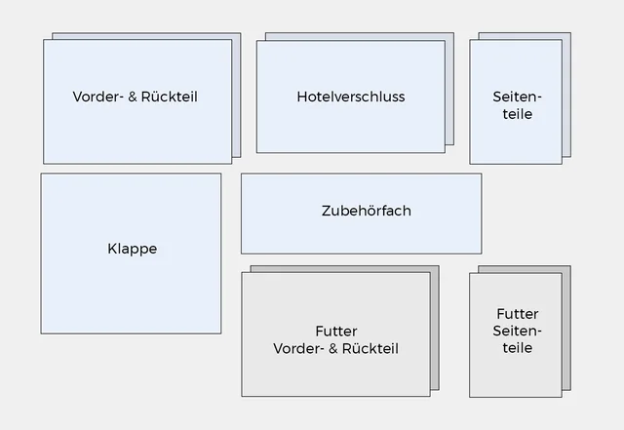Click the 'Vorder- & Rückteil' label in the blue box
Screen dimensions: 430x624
click(x=135, y=97)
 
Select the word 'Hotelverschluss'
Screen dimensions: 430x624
click(x=350, y=97)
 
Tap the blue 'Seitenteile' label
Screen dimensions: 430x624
click(x=517, y=105)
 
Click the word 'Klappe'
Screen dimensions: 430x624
click(x=132, y=249)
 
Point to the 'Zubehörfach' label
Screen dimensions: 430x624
click(x=366, y=211)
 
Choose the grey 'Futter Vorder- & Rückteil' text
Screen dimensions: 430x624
click(x=336, y=339)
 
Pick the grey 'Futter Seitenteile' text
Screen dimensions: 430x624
click(x=517, y=331)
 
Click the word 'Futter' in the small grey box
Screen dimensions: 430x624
click(x=517, y=314)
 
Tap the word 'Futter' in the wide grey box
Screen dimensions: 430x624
click(x=336, y=331)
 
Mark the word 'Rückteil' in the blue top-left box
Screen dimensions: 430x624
click(x=169, y=97)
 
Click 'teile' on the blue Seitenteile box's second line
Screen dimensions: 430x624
click(x=517, y=114)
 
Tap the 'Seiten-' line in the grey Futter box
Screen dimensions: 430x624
click(x=517, y=331)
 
